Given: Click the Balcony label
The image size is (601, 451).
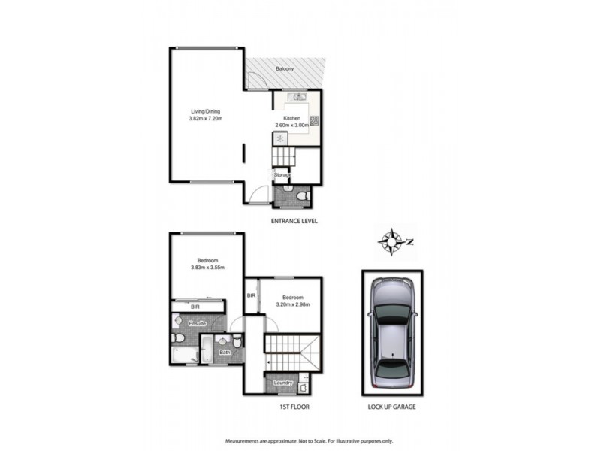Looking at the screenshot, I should coord(284,69).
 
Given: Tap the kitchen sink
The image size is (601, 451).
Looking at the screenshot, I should coord(297,97).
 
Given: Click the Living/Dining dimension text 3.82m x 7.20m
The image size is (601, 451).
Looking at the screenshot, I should coord(206,119).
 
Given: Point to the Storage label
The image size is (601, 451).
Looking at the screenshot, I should coord(282,175).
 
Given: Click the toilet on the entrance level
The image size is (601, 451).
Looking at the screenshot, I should coord(301,197).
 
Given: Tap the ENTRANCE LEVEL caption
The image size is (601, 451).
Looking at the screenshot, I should coord(294,221).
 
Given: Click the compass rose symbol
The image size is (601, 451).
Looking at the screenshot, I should coord(391,241).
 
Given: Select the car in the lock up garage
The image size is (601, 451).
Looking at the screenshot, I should coord(391,331).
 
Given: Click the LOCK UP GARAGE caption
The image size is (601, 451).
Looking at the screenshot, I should coord(391,407).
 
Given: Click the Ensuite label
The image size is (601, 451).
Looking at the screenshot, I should coord(197,323).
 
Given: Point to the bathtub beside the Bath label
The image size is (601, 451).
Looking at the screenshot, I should coord(206,350).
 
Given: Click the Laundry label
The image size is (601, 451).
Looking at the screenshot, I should coord(282,382).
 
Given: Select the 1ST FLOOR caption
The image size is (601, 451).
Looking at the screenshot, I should coord(293,407).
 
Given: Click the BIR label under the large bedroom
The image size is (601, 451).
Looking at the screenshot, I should coord(195,307).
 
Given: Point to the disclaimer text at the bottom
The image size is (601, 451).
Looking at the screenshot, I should coord(300,440).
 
